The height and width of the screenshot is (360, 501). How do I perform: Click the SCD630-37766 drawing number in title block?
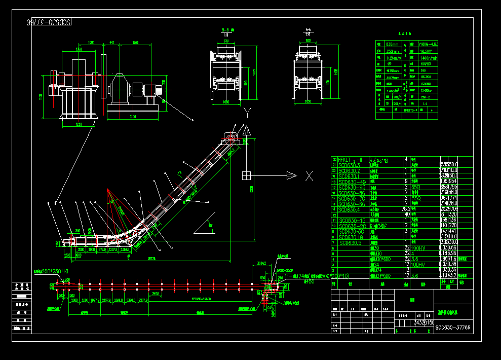pyautogui.click(x=453, y=328)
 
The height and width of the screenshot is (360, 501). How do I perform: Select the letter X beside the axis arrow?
pyautogui.click(x=309, y=175)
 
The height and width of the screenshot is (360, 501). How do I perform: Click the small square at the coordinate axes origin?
pyautogui.click(x=246, y=175)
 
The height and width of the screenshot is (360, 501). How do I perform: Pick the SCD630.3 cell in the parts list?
pyautogui.click(x=349, y=165)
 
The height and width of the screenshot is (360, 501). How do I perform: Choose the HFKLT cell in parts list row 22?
pyautogui.click(x=350, y=159)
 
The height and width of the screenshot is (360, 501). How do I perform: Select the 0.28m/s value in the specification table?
pyautogui.click(x=393, y=58)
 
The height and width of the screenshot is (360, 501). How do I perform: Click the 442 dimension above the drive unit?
pyautogui.click(x=111, y=43)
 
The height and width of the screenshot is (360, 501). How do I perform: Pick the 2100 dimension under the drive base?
pyautogui.click(x=132, y=117)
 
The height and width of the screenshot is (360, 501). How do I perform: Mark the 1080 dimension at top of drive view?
pyautogui.click(x=91, y=43)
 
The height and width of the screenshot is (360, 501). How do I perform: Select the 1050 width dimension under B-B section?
pyautogui.click(x=226, y=102)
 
